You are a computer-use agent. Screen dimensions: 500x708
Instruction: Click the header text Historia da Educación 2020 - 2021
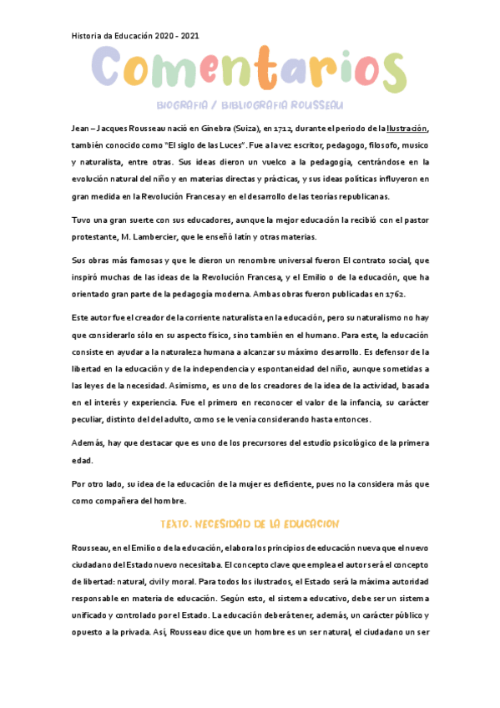click(x=134, y=36)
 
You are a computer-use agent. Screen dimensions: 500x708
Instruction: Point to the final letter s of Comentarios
click(x=390, y=73)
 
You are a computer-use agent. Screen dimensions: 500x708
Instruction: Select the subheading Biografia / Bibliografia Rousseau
click(x=250, y=106)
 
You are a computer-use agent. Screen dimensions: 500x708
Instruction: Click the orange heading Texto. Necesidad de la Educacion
click(x=250, y=523)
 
